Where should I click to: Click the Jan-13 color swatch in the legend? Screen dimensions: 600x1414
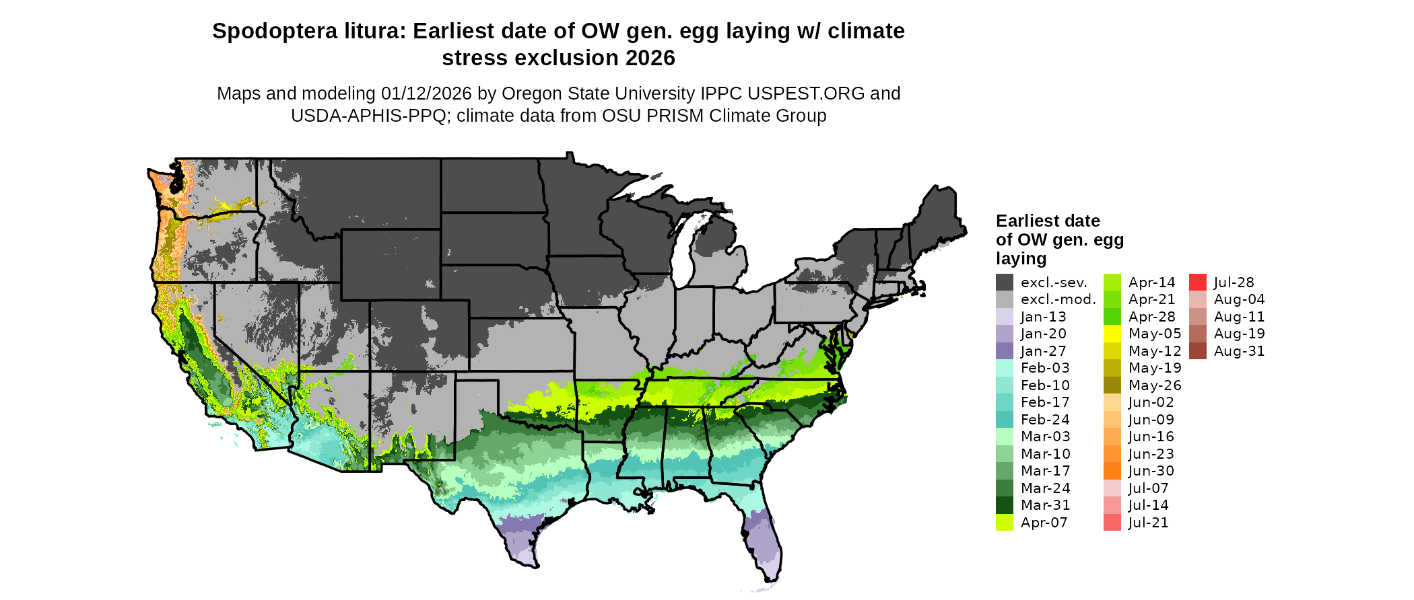[1004, 316]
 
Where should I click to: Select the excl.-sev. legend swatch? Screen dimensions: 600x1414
[1004, 282]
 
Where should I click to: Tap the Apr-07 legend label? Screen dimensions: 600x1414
[1044, 523]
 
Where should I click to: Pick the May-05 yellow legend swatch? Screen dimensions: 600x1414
[1112, 334]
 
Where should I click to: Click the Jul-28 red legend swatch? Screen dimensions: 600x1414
[1197, 282]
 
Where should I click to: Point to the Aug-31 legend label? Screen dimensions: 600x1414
[1239, 351]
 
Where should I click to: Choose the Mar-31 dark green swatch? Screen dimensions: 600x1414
[1004, 505]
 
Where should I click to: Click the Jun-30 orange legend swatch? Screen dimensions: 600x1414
[1112, 471]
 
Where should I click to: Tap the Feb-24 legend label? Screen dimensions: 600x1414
[1045, 420]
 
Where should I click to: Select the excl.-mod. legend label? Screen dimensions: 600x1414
[1058, 299]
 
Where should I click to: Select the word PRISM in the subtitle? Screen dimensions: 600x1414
[644, 116]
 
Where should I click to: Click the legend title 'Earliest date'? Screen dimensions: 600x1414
[1048, 221]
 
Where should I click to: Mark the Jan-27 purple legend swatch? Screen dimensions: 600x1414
[1004, 350]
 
